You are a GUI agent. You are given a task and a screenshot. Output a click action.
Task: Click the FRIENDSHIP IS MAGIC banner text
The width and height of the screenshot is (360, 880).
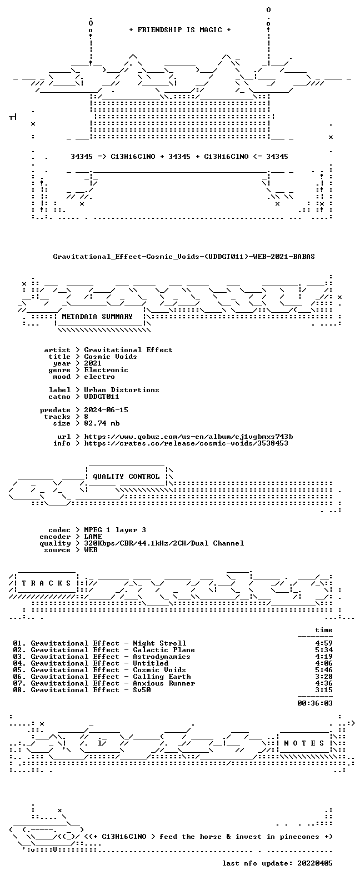[180, 30]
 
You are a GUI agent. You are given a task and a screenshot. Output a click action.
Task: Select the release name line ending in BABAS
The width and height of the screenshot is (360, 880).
[184, 257]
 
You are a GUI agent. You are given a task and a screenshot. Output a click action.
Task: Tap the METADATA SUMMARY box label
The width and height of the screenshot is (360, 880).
[97, 317]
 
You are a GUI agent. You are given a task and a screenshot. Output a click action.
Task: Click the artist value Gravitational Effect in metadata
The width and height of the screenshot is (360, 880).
[128, 350]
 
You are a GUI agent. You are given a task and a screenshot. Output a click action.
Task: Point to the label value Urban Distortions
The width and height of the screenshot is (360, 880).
[122, 390]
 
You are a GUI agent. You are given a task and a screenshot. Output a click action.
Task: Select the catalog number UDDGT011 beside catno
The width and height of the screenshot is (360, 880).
[102, 397]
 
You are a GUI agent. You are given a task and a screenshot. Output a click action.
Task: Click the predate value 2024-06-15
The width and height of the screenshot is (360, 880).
[106, 410]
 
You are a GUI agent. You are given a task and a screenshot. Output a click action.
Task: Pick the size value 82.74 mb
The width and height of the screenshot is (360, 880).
[102, 423]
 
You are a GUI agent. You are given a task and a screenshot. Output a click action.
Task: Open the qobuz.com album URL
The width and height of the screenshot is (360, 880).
[189, 437]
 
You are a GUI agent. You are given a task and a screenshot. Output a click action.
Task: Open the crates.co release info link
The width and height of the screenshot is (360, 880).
[186, 443]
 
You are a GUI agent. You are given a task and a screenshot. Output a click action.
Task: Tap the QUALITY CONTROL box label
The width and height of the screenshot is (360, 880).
[126, 477]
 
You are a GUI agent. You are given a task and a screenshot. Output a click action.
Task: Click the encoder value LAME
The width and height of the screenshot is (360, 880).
[93, 537]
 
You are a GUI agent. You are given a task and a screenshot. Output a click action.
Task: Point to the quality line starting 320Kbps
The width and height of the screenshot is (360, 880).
[164, 543]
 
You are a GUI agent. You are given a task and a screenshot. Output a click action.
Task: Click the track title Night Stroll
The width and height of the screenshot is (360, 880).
[159, 643]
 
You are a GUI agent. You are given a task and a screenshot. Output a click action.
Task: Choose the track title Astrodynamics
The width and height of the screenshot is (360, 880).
[162, 657]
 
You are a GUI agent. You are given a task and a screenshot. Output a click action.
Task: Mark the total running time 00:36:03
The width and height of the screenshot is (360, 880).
[315, 703]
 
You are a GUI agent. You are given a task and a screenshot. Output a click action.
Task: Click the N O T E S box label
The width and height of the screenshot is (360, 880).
[304, 743]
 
